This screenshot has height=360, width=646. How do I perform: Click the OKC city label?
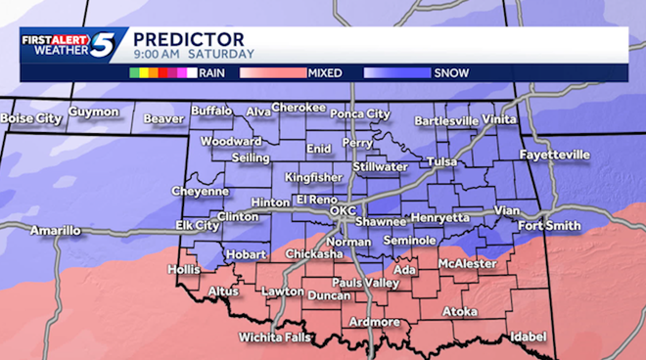(343, 210)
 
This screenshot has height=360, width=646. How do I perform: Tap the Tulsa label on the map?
(442, 161)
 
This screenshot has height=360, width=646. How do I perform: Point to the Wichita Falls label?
(275, 337)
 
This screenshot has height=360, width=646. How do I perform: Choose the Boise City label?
(31, 118)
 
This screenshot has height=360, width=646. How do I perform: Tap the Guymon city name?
(94, 112)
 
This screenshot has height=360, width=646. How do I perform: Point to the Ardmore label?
(373, 322)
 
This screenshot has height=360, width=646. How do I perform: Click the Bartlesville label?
(446, 121)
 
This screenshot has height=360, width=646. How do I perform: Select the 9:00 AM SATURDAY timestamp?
(194, 54)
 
